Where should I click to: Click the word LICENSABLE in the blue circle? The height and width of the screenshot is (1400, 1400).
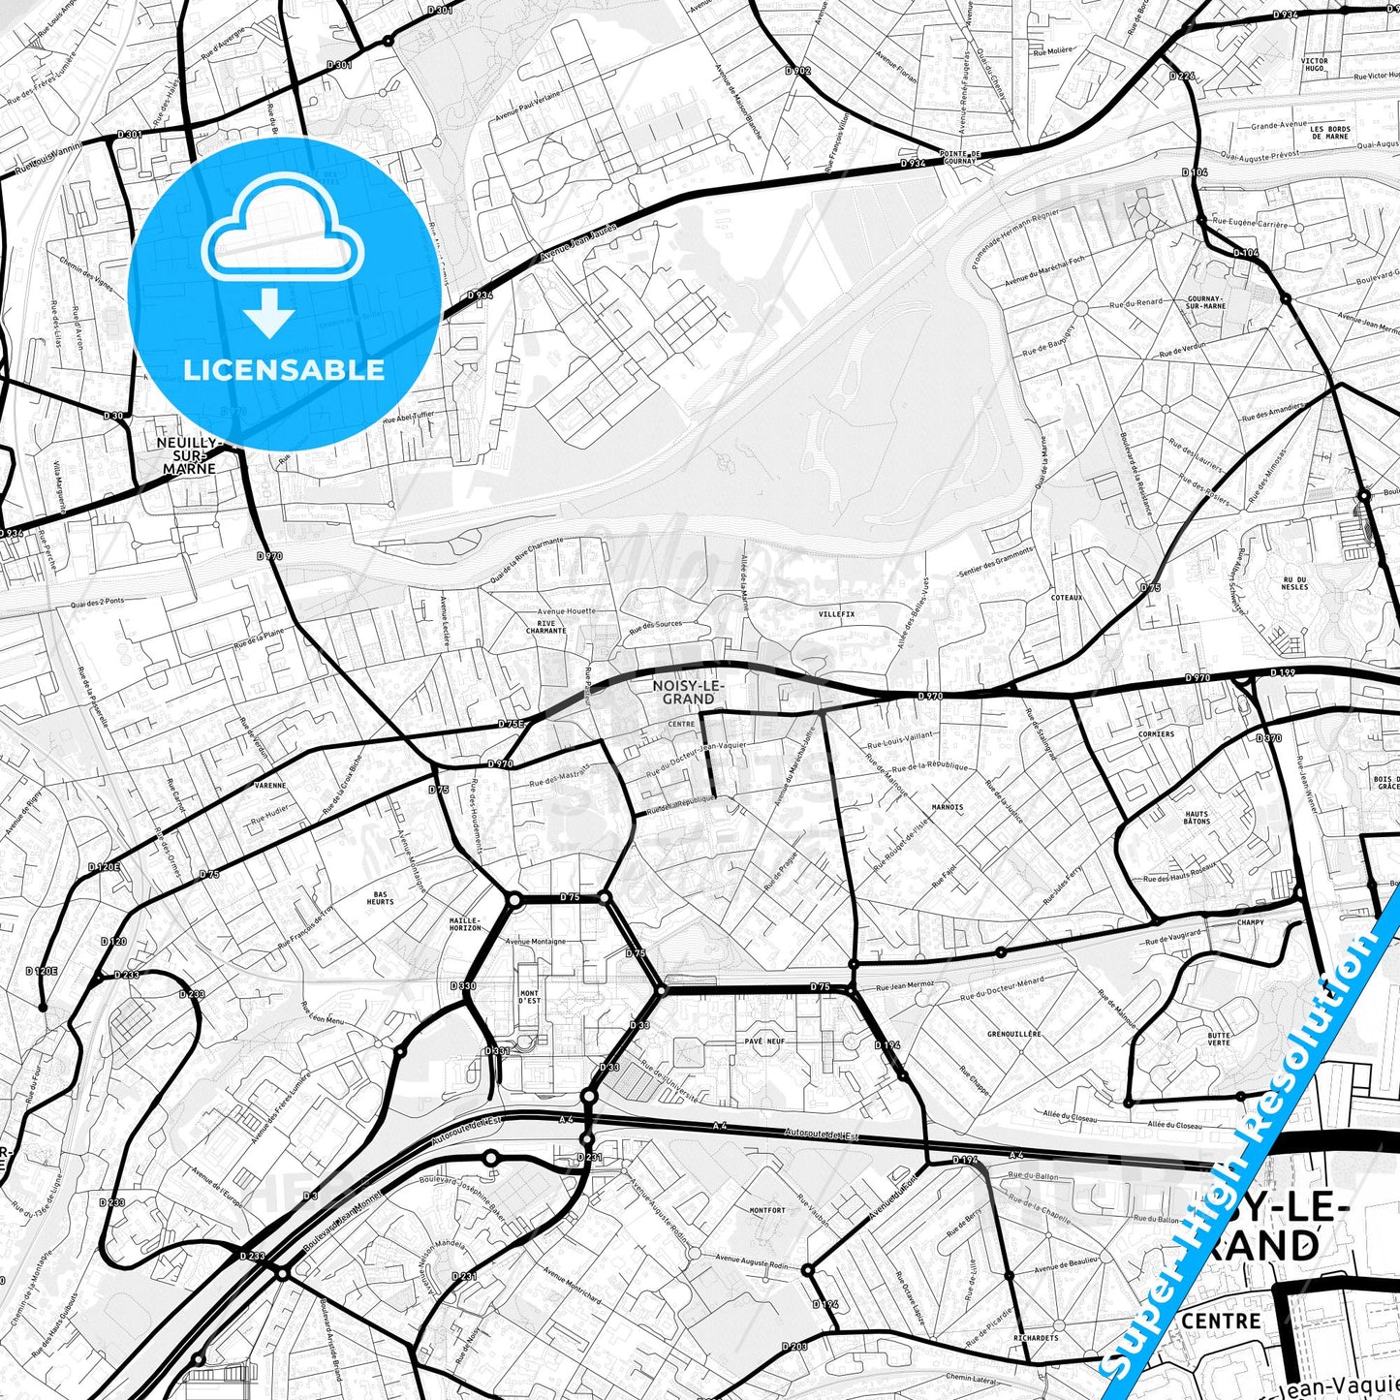[284, 370]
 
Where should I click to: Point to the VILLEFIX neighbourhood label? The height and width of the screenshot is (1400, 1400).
[836, 614]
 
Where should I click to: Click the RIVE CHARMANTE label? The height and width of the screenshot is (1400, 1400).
[545, 627]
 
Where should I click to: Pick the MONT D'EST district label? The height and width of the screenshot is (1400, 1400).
[529, 997]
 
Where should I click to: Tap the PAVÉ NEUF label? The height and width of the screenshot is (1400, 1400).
[764, 1041]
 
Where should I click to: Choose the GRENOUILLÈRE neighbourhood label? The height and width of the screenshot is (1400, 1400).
[1014, 1034]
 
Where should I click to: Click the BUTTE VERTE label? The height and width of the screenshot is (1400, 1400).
[1219, 1040]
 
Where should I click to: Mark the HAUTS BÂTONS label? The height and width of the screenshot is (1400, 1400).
[1197, 818]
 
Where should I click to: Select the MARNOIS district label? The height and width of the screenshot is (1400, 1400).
[947, 806]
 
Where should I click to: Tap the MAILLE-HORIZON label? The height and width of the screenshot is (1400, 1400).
[465, 924]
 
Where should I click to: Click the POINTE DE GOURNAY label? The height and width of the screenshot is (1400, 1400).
[960, 157]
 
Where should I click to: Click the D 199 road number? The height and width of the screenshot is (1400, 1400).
[1283, 671]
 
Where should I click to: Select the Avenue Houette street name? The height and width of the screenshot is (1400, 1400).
[568, 611]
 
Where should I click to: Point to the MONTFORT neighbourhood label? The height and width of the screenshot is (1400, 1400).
[767, 1210]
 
